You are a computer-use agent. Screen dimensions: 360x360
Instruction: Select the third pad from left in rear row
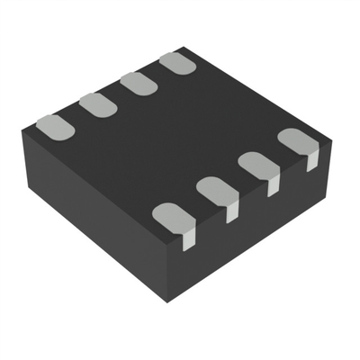coord(136,85)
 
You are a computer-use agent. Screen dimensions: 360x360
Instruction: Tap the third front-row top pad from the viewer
coord(256,164)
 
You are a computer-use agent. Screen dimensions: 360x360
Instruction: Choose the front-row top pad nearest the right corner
coord(294,140)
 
